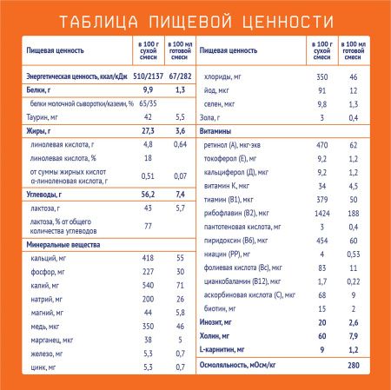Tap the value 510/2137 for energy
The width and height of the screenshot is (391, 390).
click(x=148, y=76)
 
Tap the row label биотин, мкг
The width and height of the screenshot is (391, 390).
click(x=227, y=308)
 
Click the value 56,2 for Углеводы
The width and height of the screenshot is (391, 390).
click(x=148, y=195)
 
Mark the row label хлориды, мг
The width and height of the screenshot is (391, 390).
click(x=229, y=76)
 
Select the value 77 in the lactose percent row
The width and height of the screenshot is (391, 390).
click(x=148, y=226)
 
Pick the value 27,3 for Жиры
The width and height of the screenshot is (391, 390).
click(x=148, y=130)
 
